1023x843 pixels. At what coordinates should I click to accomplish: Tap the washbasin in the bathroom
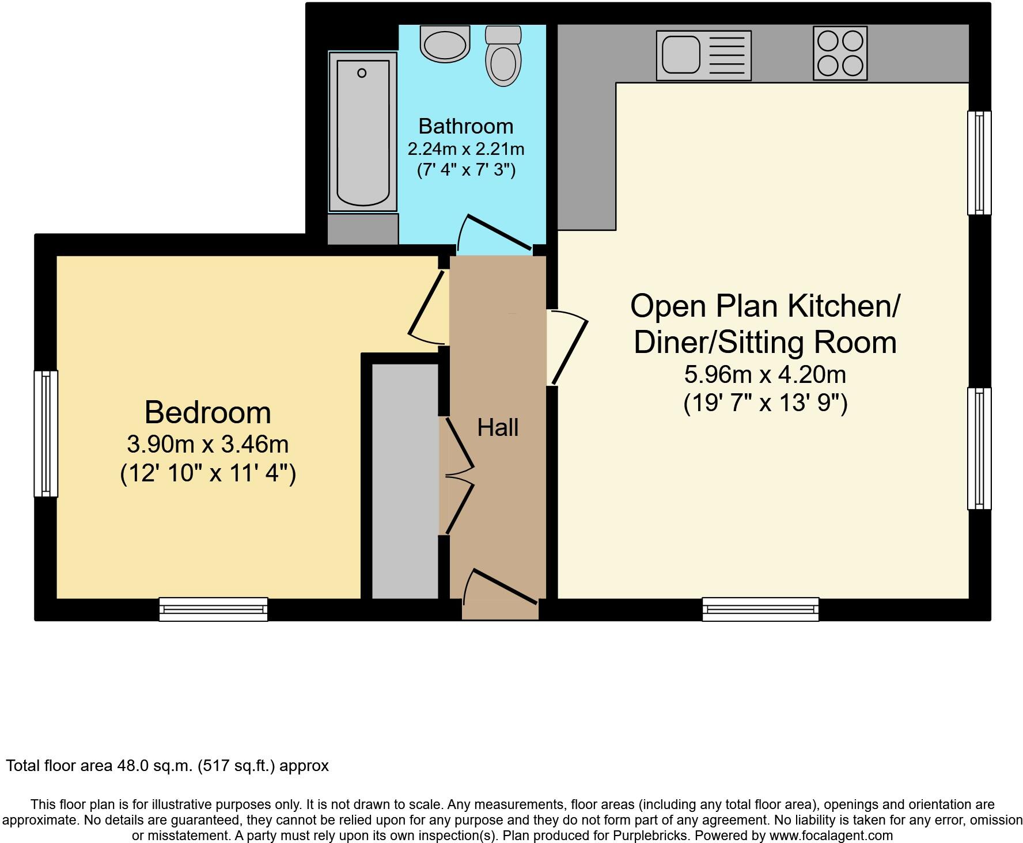[445, 43]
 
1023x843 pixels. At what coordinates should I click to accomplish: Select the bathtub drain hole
[362, 73]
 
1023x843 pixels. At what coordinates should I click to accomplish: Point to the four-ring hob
[840, 53]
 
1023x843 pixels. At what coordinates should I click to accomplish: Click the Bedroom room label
[207, 413]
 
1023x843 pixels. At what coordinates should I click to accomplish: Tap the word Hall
[498, 428]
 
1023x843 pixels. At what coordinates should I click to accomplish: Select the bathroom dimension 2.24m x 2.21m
[465, 149]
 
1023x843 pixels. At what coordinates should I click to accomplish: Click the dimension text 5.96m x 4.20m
[764, 375]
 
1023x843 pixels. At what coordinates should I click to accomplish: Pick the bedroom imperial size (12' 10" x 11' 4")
[208, 474]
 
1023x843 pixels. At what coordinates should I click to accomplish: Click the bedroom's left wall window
[46, 434]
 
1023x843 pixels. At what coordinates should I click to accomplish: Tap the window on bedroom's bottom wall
[213, 609]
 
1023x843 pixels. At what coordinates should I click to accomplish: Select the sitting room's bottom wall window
[760, 609]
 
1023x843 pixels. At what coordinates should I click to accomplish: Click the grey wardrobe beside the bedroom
[405, 481]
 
